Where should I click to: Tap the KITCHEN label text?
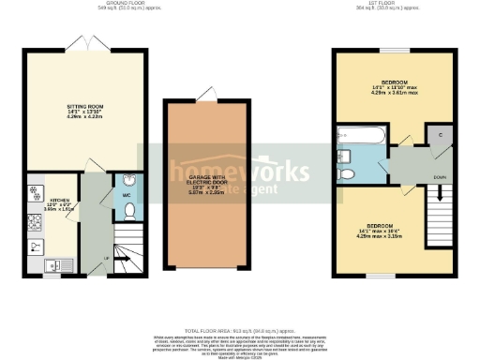(59, 200)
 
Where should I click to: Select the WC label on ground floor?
(127, 195)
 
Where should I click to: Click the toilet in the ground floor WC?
(130, 211)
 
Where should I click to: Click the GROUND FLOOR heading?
(129, 4)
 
